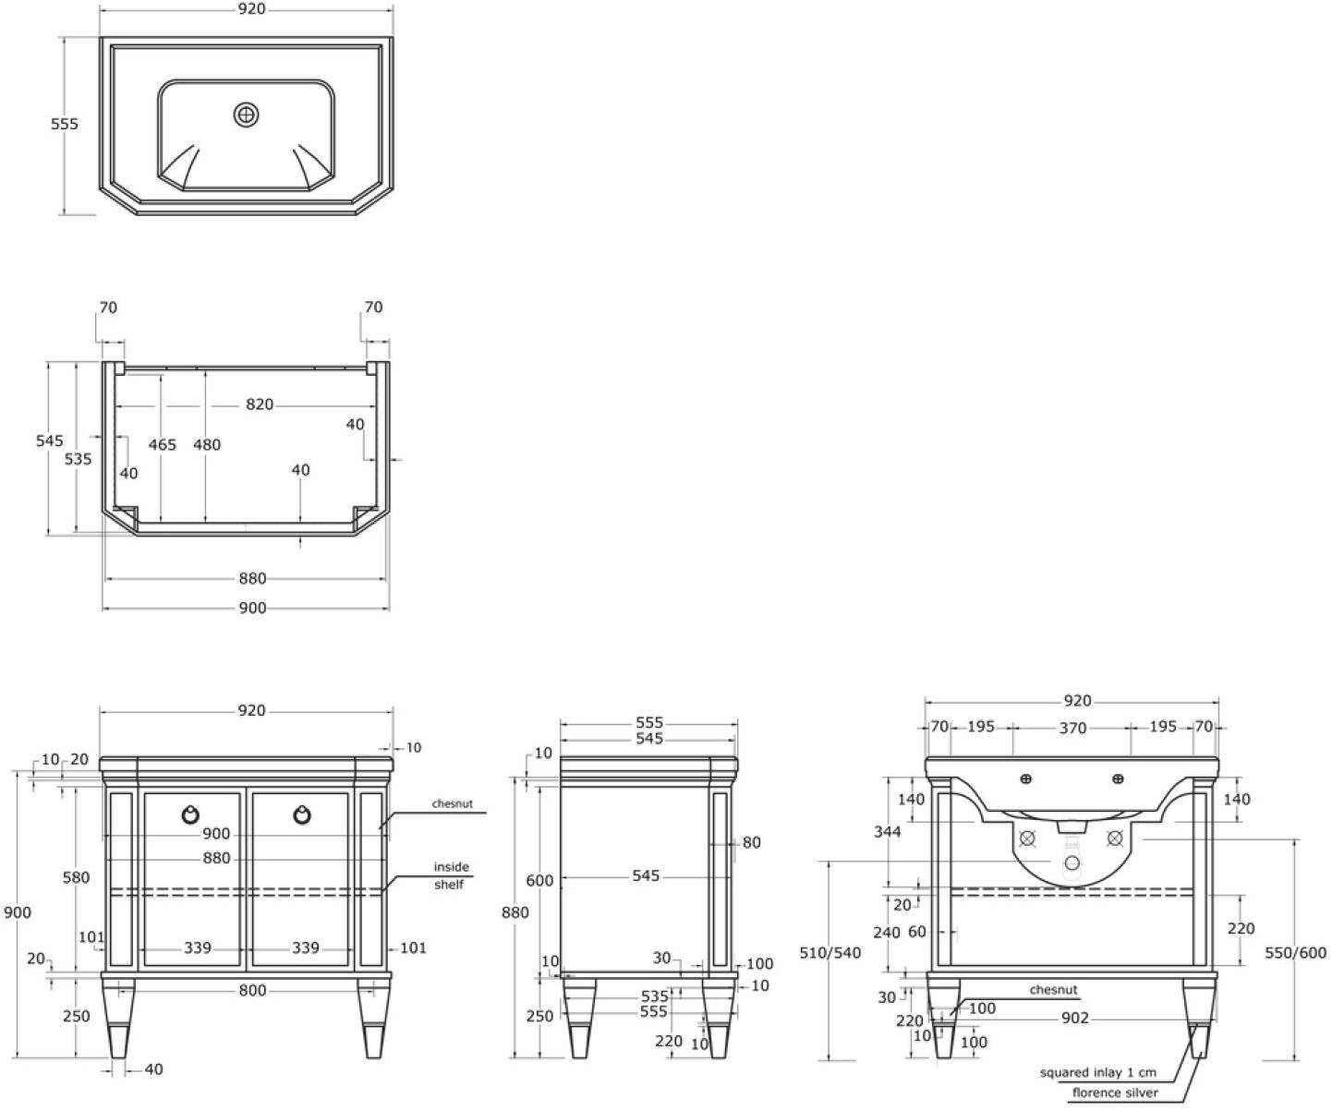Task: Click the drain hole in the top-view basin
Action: pyautogui.click(x=246, y=115)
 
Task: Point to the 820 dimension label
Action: pyautogui.click(x=260, y=404)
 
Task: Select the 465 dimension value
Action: pyautogui.click(x=162, y=445)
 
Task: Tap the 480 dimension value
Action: pyautogui.click(x=207, y=445)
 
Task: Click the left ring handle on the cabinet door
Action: pyautogui.click(x=190, y=814)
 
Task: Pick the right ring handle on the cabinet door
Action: pyautogui.click(x=302, y=814)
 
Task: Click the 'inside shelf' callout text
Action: pyautogui.click(x=452, y=875)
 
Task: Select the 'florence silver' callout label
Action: pyautogui.click(x=1115, y=1093)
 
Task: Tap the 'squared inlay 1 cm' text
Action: pyautogui.click(x=1097, y=1072)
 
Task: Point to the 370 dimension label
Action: pyautogui.click(x=1072, y=729)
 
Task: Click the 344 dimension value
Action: pyautogui.click(x=888, y=832)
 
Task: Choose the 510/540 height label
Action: pyautogui.click(x=829, y=952)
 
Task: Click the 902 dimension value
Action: pyautogui.click(x=1075, y=1018)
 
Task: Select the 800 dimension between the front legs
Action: pyautogui.click(x=251, y=991)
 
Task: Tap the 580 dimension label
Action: pyautogui.click(x=76, y=877)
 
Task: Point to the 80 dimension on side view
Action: pyautogui.click(x=751, y=842)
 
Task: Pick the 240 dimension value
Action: pyautogui.click(x=887, y=933)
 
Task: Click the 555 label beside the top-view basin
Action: pyautogui.click(x=65, y=124)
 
